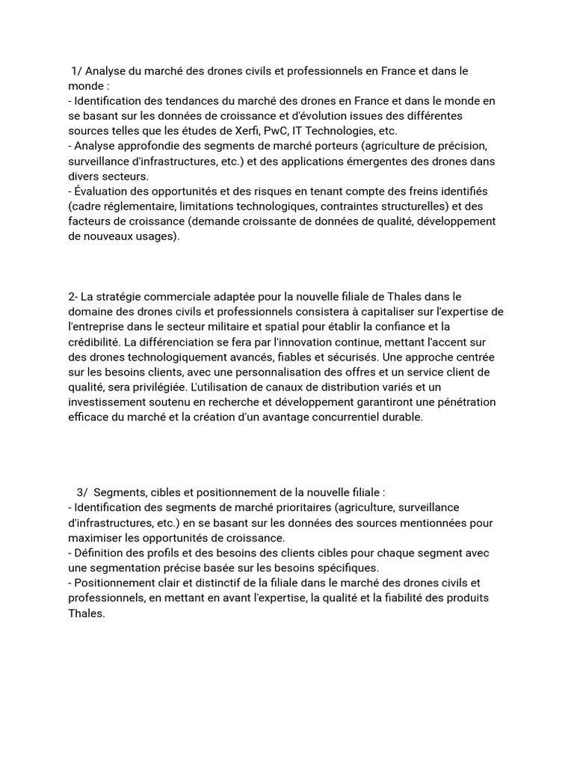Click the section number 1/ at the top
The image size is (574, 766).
[76, 71]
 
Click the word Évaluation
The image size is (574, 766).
[102, 191]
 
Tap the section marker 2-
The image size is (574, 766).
[73, 297]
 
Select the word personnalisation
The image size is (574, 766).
[288, 373]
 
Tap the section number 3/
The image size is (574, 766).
[81, 493]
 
